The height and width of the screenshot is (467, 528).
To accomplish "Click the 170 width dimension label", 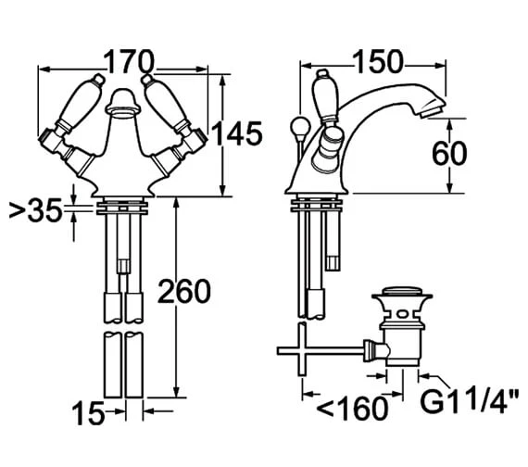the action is (129, 62).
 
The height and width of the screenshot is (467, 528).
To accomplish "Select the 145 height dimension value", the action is (237, 133).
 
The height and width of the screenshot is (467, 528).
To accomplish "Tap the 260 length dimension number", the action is (184, 291).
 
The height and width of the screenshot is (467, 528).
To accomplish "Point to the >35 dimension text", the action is (36, 210).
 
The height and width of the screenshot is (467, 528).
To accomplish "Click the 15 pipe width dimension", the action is (88, 413).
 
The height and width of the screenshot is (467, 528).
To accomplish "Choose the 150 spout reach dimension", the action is (378, 62).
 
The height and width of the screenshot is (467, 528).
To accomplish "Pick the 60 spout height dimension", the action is (449, 153).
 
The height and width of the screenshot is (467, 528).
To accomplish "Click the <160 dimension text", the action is (353, 409).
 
